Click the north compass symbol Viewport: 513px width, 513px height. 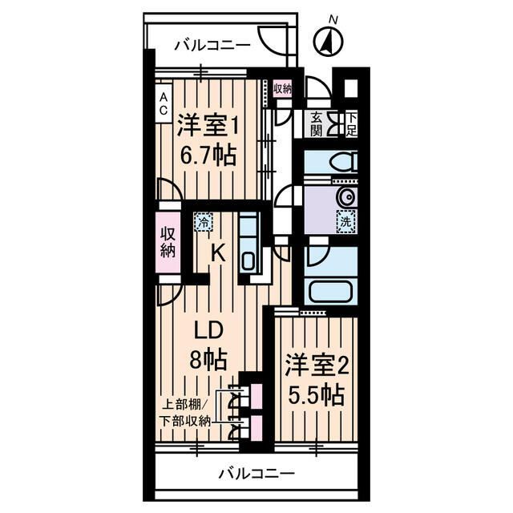click(329, 42)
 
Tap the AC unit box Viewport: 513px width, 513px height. click(164, 103)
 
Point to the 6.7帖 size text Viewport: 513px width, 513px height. click(208, 155)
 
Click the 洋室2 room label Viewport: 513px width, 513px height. click(316, 366)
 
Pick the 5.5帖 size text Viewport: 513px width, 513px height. click(316, 395)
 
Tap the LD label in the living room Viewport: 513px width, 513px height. click(208, 331)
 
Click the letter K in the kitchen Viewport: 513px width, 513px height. click(218, 253)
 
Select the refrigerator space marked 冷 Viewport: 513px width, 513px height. click(203, 222)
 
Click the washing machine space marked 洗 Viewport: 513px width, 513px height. click(346, 221)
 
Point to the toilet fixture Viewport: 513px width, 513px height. click(344, 162)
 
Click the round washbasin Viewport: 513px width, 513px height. click(346, 197)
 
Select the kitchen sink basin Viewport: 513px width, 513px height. click(248, 261)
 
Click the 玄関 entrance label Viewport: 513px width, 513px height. click(316, 124)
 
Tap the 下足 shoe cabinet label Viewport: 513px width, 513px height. click(351, 124)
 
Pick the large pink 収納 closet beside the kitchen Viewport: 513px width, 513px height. click(168, 243)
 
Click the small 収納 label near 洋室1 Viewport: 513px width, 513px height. click(282, 88)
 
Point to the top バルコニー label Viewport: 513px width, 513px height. click(212, 45)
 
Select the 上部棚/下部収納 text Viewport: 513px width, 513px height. click(185, 414)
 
